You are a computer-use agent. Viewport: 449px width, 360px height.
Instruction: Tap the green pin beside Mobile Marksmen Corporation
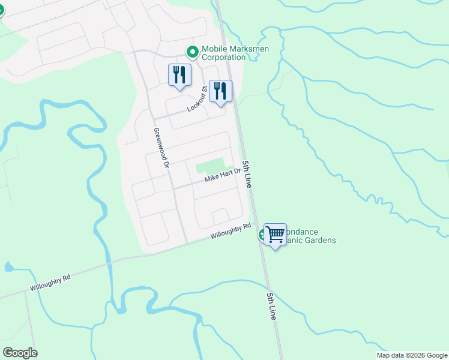193,53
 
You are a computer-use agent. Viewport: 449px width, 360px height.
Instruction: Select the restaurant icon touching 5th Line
220,92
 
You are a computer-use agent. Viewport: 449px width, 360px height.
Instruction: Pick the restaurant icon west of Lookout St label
179,76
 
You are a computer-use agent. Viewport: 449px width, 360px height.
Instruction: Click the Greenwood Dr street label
162,147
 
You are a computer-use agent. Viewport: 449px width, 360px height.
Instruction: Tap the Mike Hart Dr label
222,175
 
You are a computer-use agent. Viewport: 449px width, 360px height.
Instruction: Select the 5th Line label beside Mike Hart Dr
247,175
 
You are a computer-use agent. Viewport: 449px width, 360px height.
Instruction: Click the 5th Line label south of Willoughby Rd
273,305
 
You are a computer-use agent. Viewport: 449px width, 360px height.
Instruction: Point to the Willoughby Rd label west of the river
50,283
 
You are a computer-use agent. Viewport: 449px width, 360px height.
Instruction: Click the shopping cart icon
275,233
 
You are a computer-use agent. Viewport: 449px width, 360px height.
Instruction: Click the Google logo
20,352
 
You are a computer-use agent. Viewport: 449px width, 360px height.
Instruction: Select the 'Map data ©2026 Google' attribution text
411,355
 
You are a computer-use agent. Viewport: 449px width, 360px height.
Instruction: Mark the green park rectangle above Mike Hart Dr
209,164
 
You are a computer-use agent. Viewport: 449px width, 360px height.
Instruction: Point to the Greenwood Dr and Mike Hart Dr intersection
174,187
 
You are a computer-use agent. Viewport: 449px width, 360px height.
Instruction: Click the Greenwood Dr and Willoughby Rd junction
185,243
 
